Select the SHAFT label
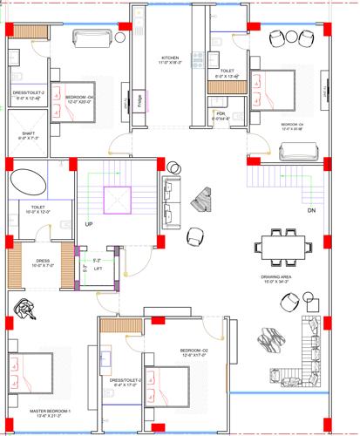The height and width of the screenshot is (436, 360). [x=28, y=135]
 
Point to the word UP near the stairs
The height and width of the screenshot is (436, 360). [x=89, y=224]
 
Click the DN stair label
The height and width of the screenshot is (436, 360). [x=311, y=211]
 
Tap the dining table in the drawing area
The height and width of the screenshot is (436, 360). [x=284, y=247]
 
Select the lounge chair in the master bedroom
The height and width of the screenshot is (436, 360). [x=25, y=307]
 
